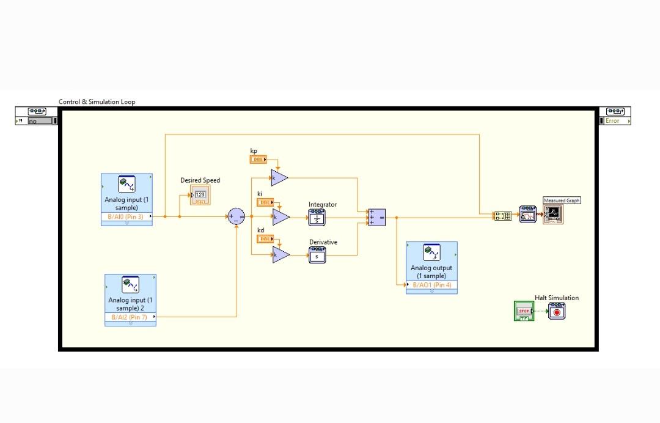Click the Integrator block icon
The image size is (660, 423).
click(317, 217)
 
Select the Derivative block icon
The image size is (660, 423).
click(317, 255)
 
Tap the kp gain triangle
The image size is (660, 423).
click(279, 177)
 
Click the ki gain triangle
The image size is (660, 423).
click(280, 217)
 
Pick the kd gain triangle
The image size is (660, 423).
click(280, 255)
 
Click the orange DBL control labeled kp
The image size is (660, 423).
click(258, 160)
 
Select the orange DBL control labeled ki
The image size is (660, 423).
click(265, 202)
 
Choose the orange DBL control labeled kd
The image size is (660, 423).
click(265, 239)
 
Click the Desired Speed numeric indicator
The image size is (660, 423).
click(200, 195)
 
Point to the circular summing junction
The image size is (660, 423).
click(237, 216)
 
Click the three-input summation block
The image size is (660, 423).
click(376, 217)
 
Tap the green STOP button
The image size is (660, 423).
click(524, 311)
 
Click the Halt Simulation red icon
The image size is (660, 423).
click(556, 311)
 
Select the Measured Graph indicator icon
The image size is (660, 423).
click(553, 214)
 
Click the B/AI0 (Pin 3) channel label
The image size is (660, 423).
click(126, 216)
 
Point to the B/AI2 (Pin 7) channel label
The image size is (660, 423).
click(129, 317)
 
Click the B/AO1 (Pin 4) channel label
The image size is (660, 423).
click(431, 285)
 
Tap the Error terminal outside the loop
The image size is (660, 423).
click(613, 120)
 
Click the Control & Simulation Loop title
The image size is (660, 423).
click(97, 101)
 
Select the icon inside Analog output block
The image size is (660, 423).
click(431, 253)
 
